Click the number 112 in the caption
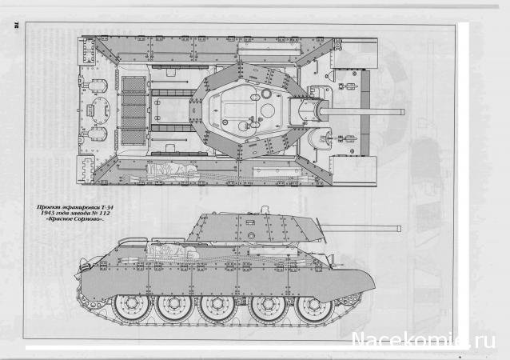point(110,213)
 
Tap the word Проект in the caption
point(50,206)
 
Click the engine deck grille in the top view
point(133,107)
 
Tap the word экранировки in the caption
point(82,206)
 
